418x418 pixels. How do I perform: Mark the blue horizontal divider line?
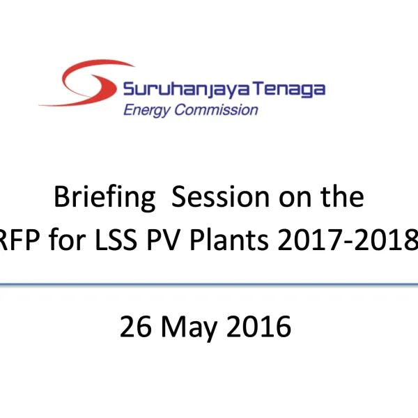point(209,284)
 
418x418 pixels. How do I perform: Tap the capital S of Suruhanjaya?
point(128,90)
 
